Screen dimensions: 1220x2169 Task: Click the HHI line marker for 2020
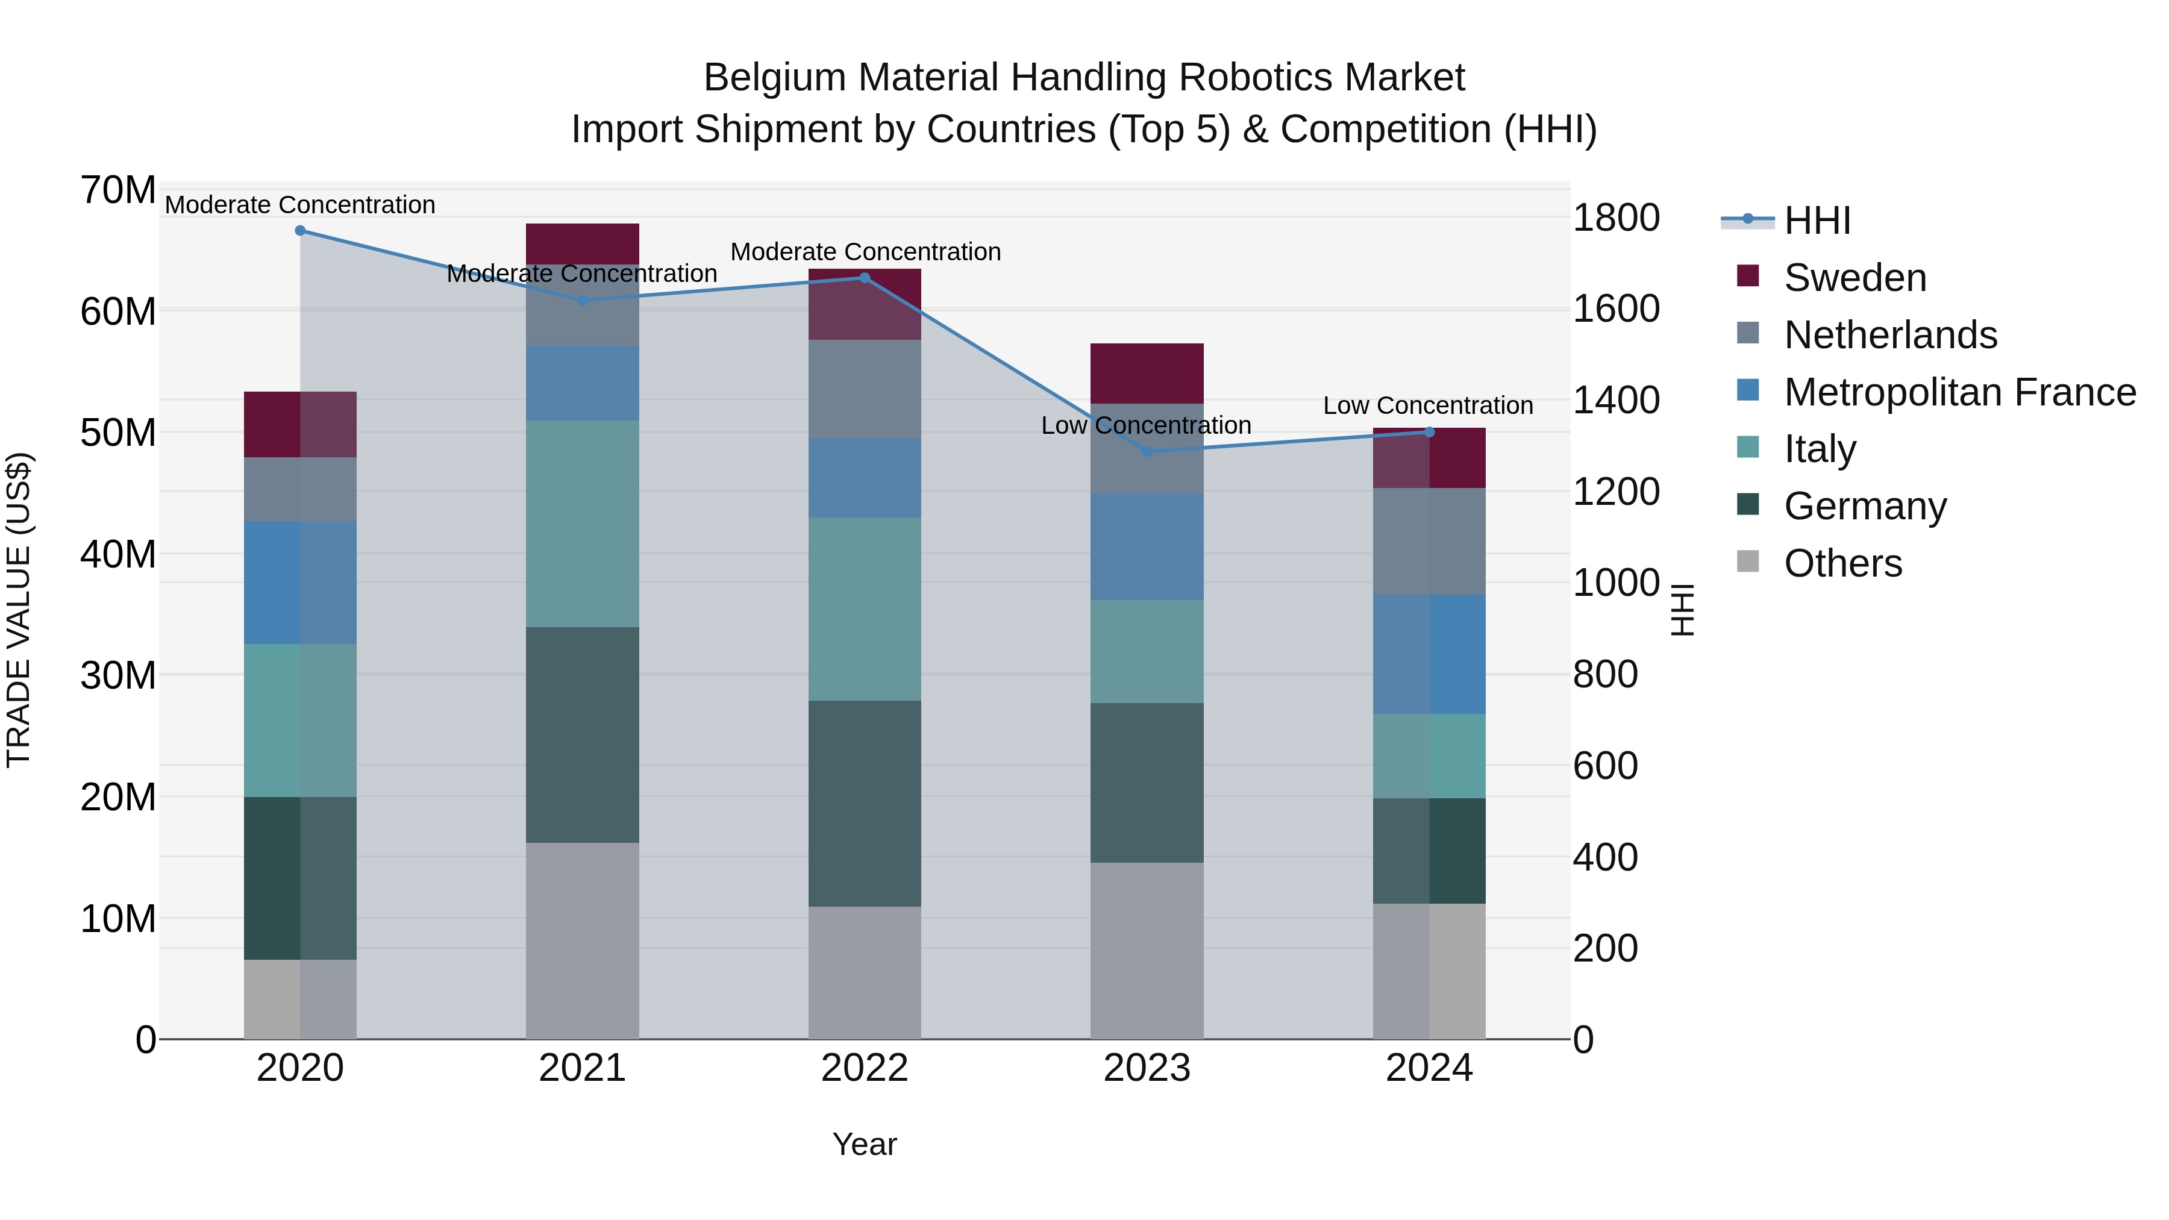point(300,231)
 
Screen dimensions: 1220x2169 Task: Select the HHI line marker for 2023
point(1147,451)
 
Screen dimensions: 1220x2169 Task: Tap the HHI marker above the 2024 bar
point(1429,432)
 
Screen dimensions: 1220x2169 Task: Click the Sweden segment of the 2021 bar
point(582,243)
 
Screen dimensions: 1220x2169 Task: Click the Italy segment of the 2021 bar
point(582,523)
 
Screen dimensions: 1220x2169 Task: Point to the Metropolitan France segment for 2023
point(1147,546)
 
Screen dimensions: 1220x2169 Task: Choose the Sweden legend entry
point(1854,278)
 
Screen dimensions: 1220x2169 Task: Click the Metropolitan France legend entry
point(1959,392)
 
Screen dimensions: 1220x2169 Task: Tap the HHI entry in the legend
point(1816,221)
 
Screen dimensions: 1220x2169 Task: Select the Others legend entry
point(1842,563)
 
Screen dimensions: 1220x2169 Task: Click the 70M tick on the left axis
point(118,190)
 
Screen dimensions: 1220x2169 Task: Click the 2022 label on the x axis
point(865,1068)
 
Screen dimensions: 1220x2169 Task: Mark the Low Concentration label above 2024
point(1427,406)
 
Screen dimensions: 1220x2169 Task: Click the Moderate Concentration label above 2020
point(300,205)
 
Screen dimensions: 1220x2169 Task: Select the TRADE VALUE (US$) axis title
point(19,610)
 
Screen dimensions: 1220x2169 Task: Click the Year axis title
point(865,1144)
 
